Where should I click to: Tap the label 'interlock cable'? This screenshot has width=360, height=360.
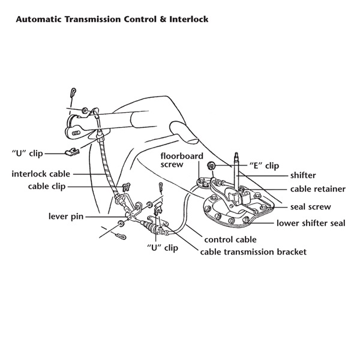(41, 174)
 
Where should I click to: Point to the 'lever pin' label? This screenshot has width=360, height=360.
(66, 215)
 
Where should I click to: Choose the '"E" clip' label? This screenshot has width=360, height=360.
(263, 165)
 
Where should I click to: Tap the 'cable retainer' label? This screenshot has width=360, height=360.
(317, 189)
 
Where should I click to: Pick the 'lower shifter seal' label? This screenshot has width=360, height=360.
(310, 223)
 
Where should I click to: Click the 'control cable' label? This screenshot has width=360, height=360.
(230, 239)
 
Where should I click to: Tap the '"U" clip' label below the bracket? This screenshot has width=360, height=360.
(163, 247)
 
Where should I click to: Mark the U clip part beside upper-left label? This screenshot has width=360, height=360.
(70, 152)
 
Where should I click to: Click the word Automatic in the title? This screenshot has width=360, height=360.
(41, 20)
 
